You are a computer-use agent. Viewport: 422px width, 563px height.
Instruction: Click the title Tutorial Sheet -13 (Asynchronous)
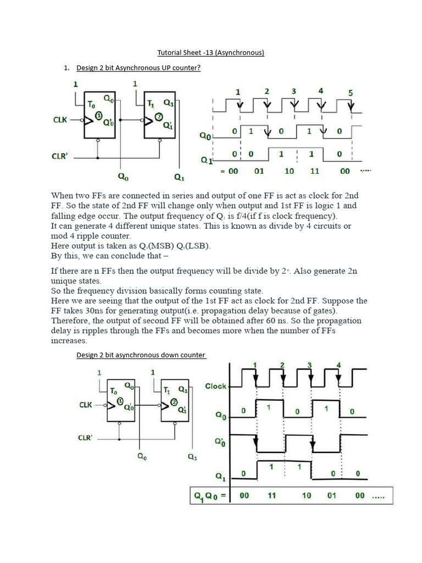pos(211,53)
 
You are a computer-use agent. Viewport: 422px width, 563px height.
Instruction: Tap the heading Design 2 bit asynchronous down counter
pos(141,355)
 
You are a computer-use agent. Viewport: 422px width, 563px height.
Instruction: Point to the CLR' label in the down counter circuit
pos(84,438)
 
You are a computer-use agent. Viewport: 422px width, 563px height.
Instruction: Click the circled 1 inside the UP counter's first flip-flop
pos(99,115)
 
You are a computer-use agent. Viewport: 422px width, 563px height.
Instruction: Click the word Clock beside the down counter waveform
pos(215,386)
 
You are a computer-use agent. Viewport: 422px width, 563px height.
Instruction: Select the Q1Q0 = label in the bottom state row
pos(209,496)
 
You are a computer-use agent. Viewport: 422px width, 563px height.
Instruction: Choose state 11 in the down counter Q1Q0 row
pos(271,496)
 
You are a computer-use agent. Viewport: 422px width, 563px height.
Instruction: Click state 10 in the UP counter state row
pos(288,171)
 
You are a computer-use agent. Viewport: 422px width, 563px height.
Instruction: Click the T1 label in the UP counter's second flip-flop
pos(152,102)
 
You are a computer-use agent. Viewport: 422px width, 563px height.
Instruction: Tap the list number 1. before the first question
pos(66,68)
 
